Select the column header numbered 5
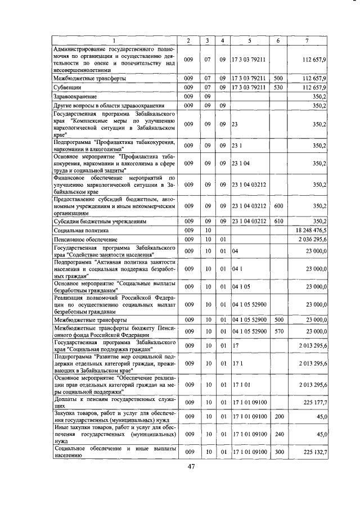pos(249,40)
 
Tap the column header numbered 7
pos(307,40)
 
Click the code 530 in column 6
pos(277,88)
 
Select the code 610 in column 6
pos(277,222)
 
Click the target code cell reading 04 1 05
pos(241,286)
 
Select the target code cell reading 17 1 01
pos(241,385)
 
